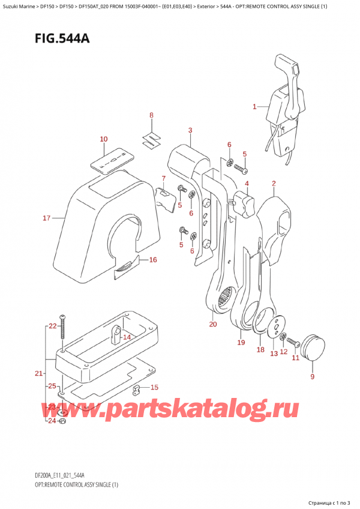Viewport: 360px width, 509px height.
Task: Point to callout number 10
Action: [x=103, y=139]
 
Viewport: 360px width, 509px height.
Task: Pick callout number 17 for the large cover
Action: [x=46, y=218]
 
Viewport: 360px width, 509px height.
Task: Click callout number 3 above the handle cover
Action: [x=190, y=130]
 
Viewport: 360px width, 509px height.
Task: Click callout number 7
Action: [x=163, y=178]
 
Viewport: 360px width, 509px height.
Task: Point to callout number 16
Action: [x=152, y=260]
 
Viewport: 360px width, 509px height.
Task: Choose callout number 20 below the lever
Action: [x=212, y=325]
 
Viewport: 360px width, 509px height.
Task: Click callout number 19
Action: [x=241, y=343]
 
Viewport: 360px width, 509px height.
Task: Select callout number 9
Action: [x=311, y=378]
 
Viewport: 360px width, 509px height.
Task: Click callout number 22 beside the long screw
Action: [x=52, y=326]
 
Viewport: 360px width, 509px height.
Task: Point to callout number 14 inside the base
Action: [x=127, y=338]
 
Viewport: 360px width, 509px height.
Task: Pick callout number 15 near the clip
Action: [x=154, y=387]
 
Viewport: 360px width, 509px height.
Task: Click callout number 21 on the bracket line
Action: [x=38, y=373]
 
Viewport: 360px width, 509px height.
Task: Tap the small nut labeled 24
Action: [x=65, y=421]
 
